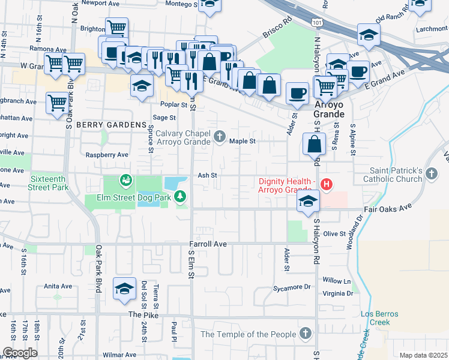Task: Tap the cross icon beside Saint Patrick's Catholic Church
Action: [432, 173]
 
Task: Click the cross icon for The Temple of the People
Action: [306, 334]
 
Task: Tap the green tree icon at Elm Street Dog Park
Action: [180, 197]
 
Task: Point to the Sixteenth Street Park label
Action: [49, 182]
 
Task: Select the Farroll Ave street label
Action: [208, 244]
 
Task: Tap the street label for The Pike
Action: [142, 314]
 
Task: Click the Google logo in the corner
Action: [20, 353]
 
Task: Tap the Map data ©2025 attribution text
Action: [423, 355]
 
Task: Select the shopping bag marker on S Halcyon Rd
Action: [314, 144]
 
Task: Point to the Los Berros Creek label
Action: [376, 318]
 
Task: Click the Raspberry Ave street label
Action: [107, 154]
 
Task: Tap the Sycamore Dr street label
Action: [298, 287]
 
